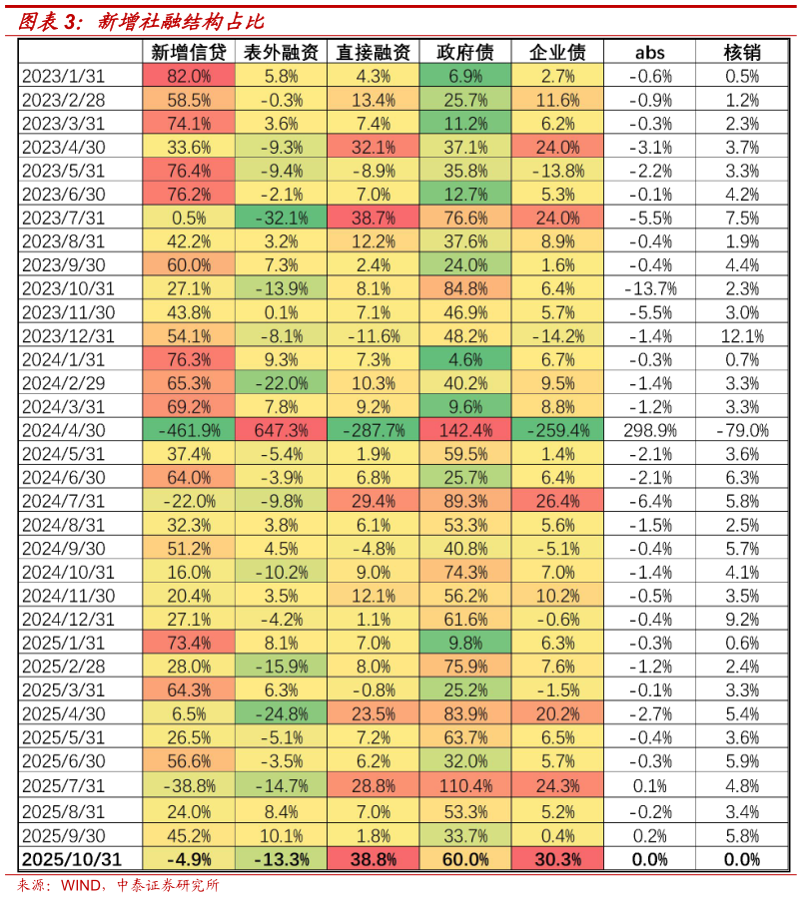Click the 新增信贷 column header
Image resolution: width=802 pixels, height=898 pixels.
point(189,53)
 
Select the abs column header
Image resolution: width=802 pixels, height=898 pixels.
point(649,53)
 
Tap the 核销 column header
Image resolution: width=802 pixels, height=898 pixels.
point(742,53)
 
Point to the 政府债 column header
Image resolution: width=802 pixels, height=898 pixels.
point(464,53)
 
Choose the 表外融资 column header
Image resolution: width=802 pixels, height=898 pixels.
point(281,53)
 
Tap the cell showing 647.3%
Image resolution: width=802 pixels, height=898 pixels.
point(281,431)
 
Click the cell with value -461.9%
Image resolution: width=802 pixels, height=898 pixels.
point(189,431)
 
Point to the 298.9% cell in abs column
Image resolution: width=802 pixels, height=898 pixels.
point(649,431)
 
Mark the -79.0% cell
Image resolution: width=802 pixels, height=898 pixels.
point(742,431)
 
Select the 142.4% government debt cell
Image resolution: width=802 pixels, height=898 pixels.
point(464,431)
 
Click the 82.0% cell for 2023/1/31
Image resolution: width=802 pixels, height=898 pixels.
point(189,76)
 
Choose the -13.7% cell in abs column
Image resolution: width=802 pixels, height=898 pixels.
point(649,289)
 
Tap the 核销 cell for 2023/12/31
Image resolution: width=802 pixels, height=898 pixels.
point(742,336)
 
